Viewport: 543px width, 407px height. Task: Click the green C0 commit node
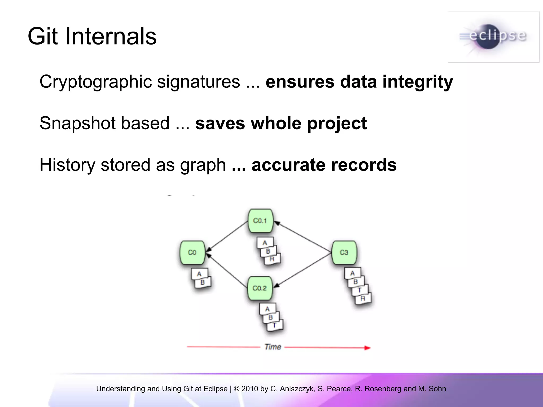192,253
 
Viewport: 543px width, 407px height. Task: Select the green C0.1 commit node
260,221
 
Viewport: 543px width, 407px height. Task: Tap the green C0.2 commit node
260,288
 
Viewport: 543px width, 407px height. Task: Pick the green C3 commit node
344,253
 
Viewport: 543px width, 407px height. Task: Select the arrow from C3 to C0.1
302,237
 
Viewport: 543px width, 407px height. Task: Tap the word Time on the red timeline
273,347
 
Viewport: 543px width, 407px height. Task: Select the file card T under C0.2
275,325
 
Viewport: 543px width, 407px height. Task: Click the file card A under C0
199,274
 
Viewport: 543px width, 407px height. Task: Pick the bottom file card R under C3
363,299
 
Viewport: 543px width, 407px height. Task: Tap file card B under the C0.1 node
268,251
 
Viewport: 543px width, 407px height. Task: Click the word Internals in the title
111,36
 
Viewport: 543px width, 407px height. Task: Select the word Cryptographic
95,82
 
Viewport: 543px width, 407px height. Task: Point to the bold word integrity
418,82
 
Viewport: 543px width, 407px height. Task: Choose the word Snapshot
77,123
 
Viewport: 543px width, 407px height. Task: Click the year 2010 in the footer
249,389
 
